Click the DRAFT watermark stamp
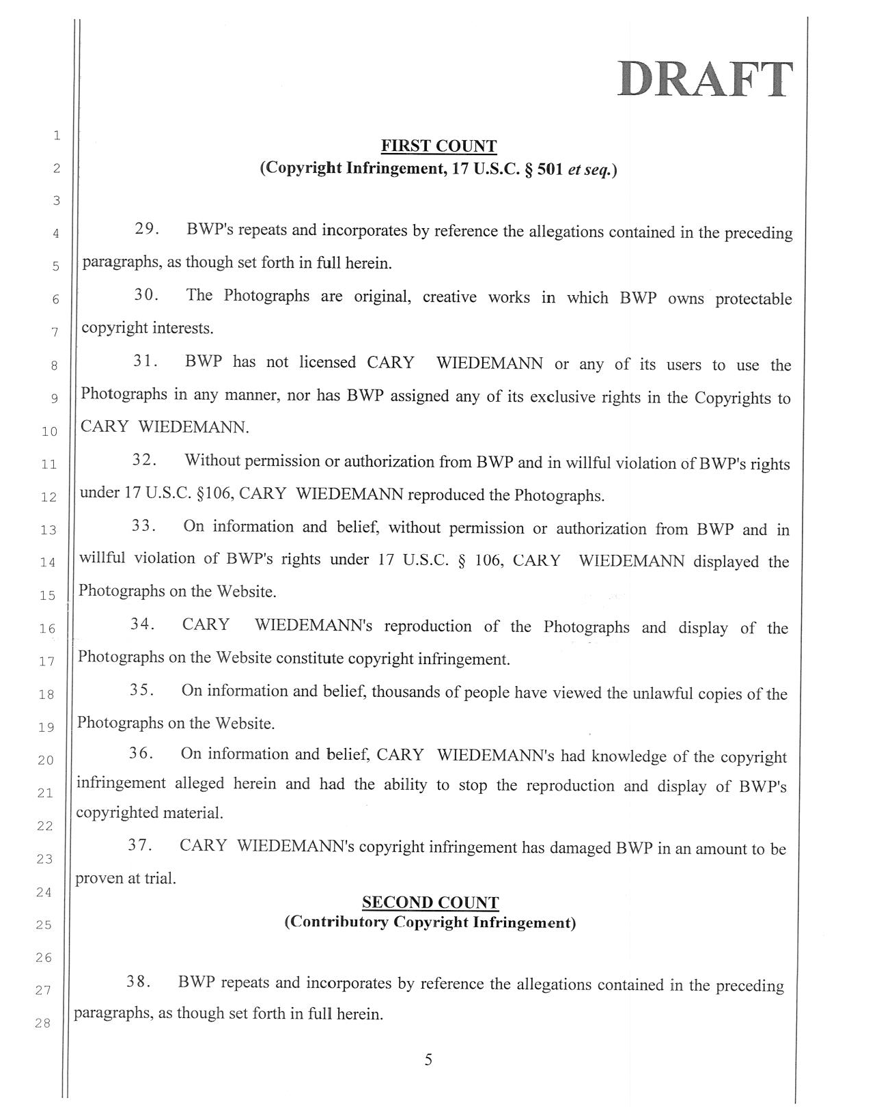tap(706, 80)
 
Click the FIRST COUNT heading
tap(439, 146)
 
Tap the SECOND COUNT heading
tap(430, 902)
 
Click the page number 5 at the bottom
tap(428, 1060)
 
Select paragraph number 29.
tap(147, 229)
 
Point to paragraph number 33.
tap(145, 527)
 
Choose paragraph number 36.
tap(141, 754)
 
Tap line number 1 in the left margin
tap(57, 135)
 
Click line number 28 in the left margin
tap(44, 1023)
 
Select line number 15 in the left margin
tap(47, 595)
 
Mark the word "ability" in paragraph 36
tap(405, 784)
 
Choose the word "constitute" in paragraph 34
tap(310, 659)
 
